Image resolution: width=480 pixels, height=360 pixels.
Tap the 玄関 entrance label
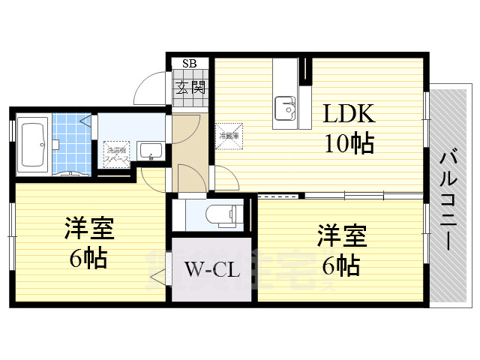[x=190, y=87]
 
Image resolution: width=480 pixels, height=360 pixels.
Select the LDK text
[x=348, y=114]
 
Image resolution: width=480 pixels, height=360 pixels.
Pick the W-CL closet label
[x=211, y=268]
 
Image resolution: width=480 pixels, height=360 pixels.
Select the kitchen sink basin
[x=286, y=108]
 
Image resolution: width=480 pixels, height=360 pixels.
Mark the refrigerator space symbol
[x=229, y=136]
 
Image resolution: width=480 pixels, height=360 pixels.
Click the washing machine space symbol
[x=115, y=154]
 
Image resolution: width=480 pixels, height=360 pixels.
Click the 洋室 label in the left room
[x=89, y=228]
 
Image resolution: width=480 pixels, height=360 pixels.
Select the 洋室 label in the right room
[x=341, y=235]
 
